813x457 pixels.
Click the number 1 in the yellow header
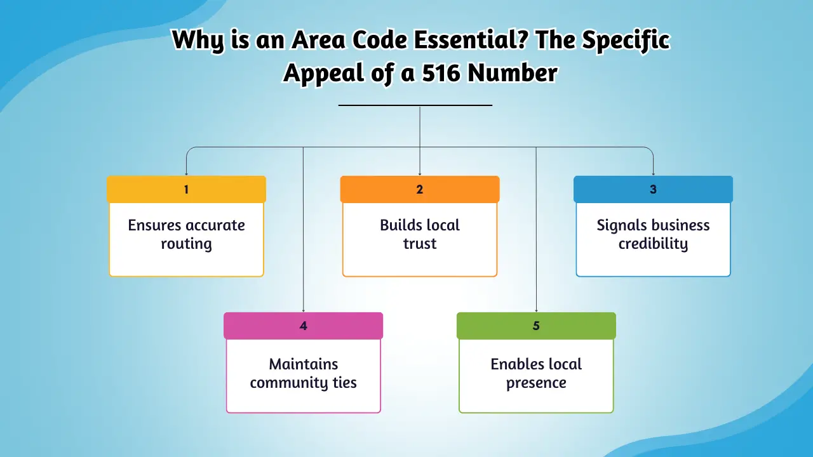pyautogui.click(x=186, y=189)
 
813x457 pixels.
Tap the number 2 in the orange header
pyautogui.click(x=420, y=189)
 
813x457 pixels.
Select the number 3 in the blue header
pyautogui.click(x=653, y=189)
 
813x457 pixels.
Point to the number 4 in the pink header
pyautogui.click(x=303, y=326)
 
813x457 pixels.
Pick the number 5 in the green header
pyautogui.click(x=536, y=326)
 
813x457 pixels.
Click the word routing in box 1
pyautogui.click(x=186, y=244)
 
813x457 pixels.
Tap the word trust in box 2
pyautogui.click(x=420, y=244)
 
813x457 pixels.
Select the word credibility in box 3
pyautogui.click(x=653, y=244)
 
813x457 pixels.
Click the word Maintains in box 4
pyautogui.click(x=304, y=364)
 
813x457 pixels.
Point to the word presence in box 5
pyautogui.click(x=536, y=383)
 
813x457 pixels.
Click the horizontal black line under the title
pyautogui.click(x=415, y=105)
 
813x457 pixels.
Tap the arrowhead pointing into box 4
pyautogui.click(x=303, y=310)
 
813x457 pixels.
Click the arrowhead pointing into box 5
pyautogui.click(x=536, y=310)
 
